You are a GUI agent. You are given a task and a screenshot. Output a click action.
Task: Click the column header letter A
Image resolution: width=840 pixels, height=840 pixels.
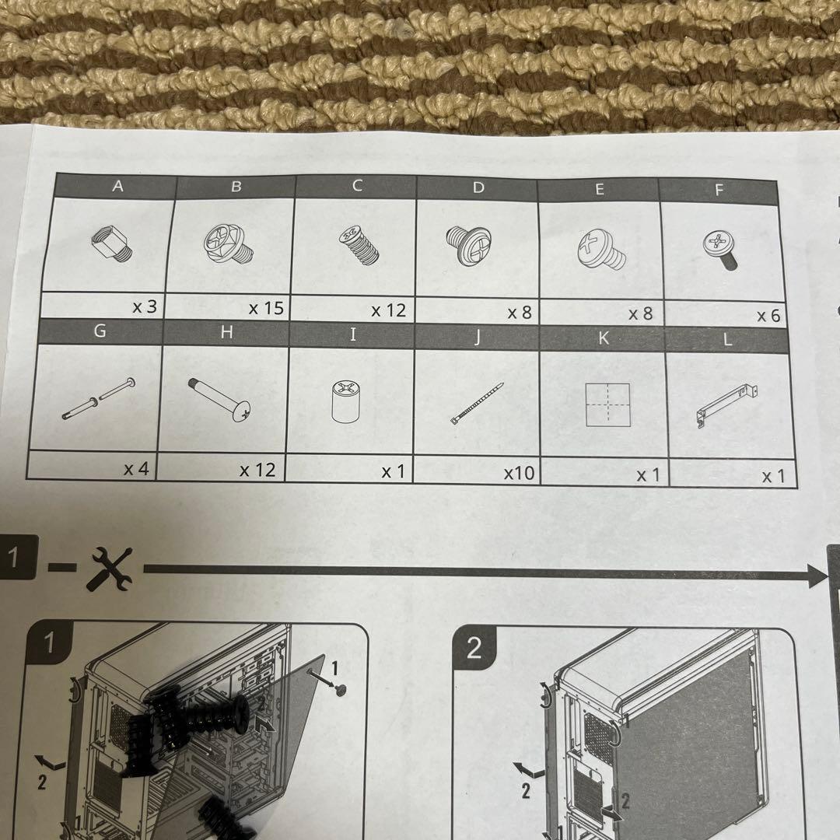pos(117,186)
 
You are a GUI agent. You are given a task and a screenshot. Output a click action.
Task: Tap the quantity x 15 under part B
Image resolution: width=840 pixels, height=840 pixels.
pos(266,308)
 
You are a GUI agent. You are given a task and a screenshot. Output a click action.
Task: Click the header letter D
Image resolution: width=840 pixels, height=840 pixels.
pos(478,187)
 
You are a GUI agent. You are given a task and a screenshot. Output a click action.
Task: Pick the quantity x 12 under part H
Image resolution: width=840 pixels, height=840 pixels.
pos(257,470)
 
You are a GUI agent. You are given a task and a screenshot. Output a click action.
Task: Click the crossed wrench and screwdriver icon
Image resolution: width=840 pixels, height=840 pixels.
pos(110,568)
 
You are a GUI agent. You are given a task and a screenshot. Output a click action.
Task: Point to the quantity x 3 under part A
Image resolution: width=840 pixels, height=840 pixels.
pos(144,306)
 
